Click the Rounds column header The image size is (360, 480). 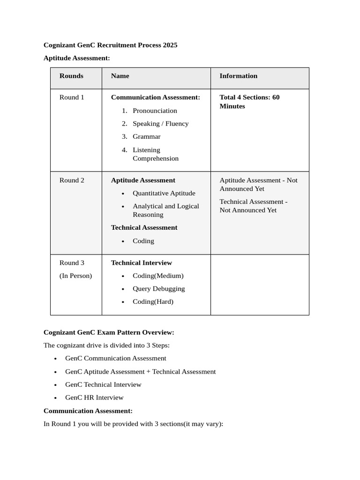tap(71, 76)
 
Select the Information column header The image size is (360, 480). tap(238, 76)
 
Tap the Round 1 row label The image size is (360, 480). tap(72, 97)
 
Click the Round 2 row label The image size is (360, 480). tap(72, 180)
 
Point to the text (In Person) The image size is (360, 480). tap(75, 276)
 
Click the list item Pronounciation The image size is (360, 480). tap(155, 111)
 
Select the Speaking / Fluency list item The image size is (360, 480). tap(160, 124)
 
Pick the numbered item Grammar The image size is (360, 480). tap(146, 137)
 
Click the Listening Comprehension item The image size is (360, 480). tap(155, 154)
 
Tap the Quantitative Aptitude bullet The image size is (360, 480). tap(164, 193)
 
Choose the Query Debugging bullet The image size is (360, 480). tap(158, 289)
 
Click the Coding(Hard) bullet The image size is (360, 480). tap(153, 302)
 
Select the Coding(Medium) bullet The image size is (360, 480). tap(158, 276)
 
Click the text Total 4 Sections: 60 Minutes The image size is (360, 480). tap(249, 102)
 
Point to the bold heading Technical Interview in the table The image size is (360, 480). tap(141, 263)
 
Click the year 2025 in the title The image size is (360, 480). tap(170, 45)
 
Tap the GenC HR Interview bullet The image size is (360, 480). tap(94, 397)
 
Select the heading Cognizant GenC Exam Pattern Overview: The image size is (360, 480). tap(109, 332)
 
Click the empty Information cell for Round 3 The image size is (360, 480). tap(259, 285)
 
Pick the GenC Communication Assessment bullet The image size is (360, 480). tap(115, 358)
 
